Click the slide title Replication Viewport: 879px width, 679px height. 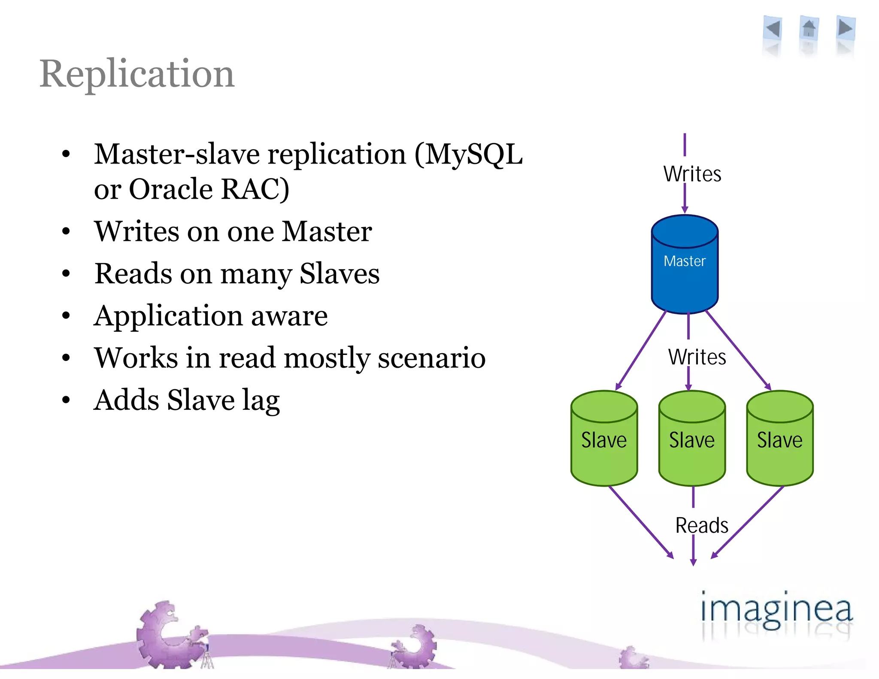[137, 74]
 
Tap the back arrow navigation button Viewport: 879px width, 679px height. [773, 29]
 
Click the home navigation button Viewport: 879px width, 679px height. [809, 29]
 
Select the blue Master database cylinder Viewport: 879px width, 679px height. [685, 266]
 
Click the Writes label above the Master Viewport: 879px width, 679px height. [692, 174]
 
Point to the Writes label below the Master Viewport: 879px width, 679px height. [697, 357]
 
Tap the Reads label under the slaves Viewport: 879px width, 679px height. [701, 525]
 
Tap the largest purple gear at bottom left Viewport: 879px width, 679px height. [165, 635]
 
